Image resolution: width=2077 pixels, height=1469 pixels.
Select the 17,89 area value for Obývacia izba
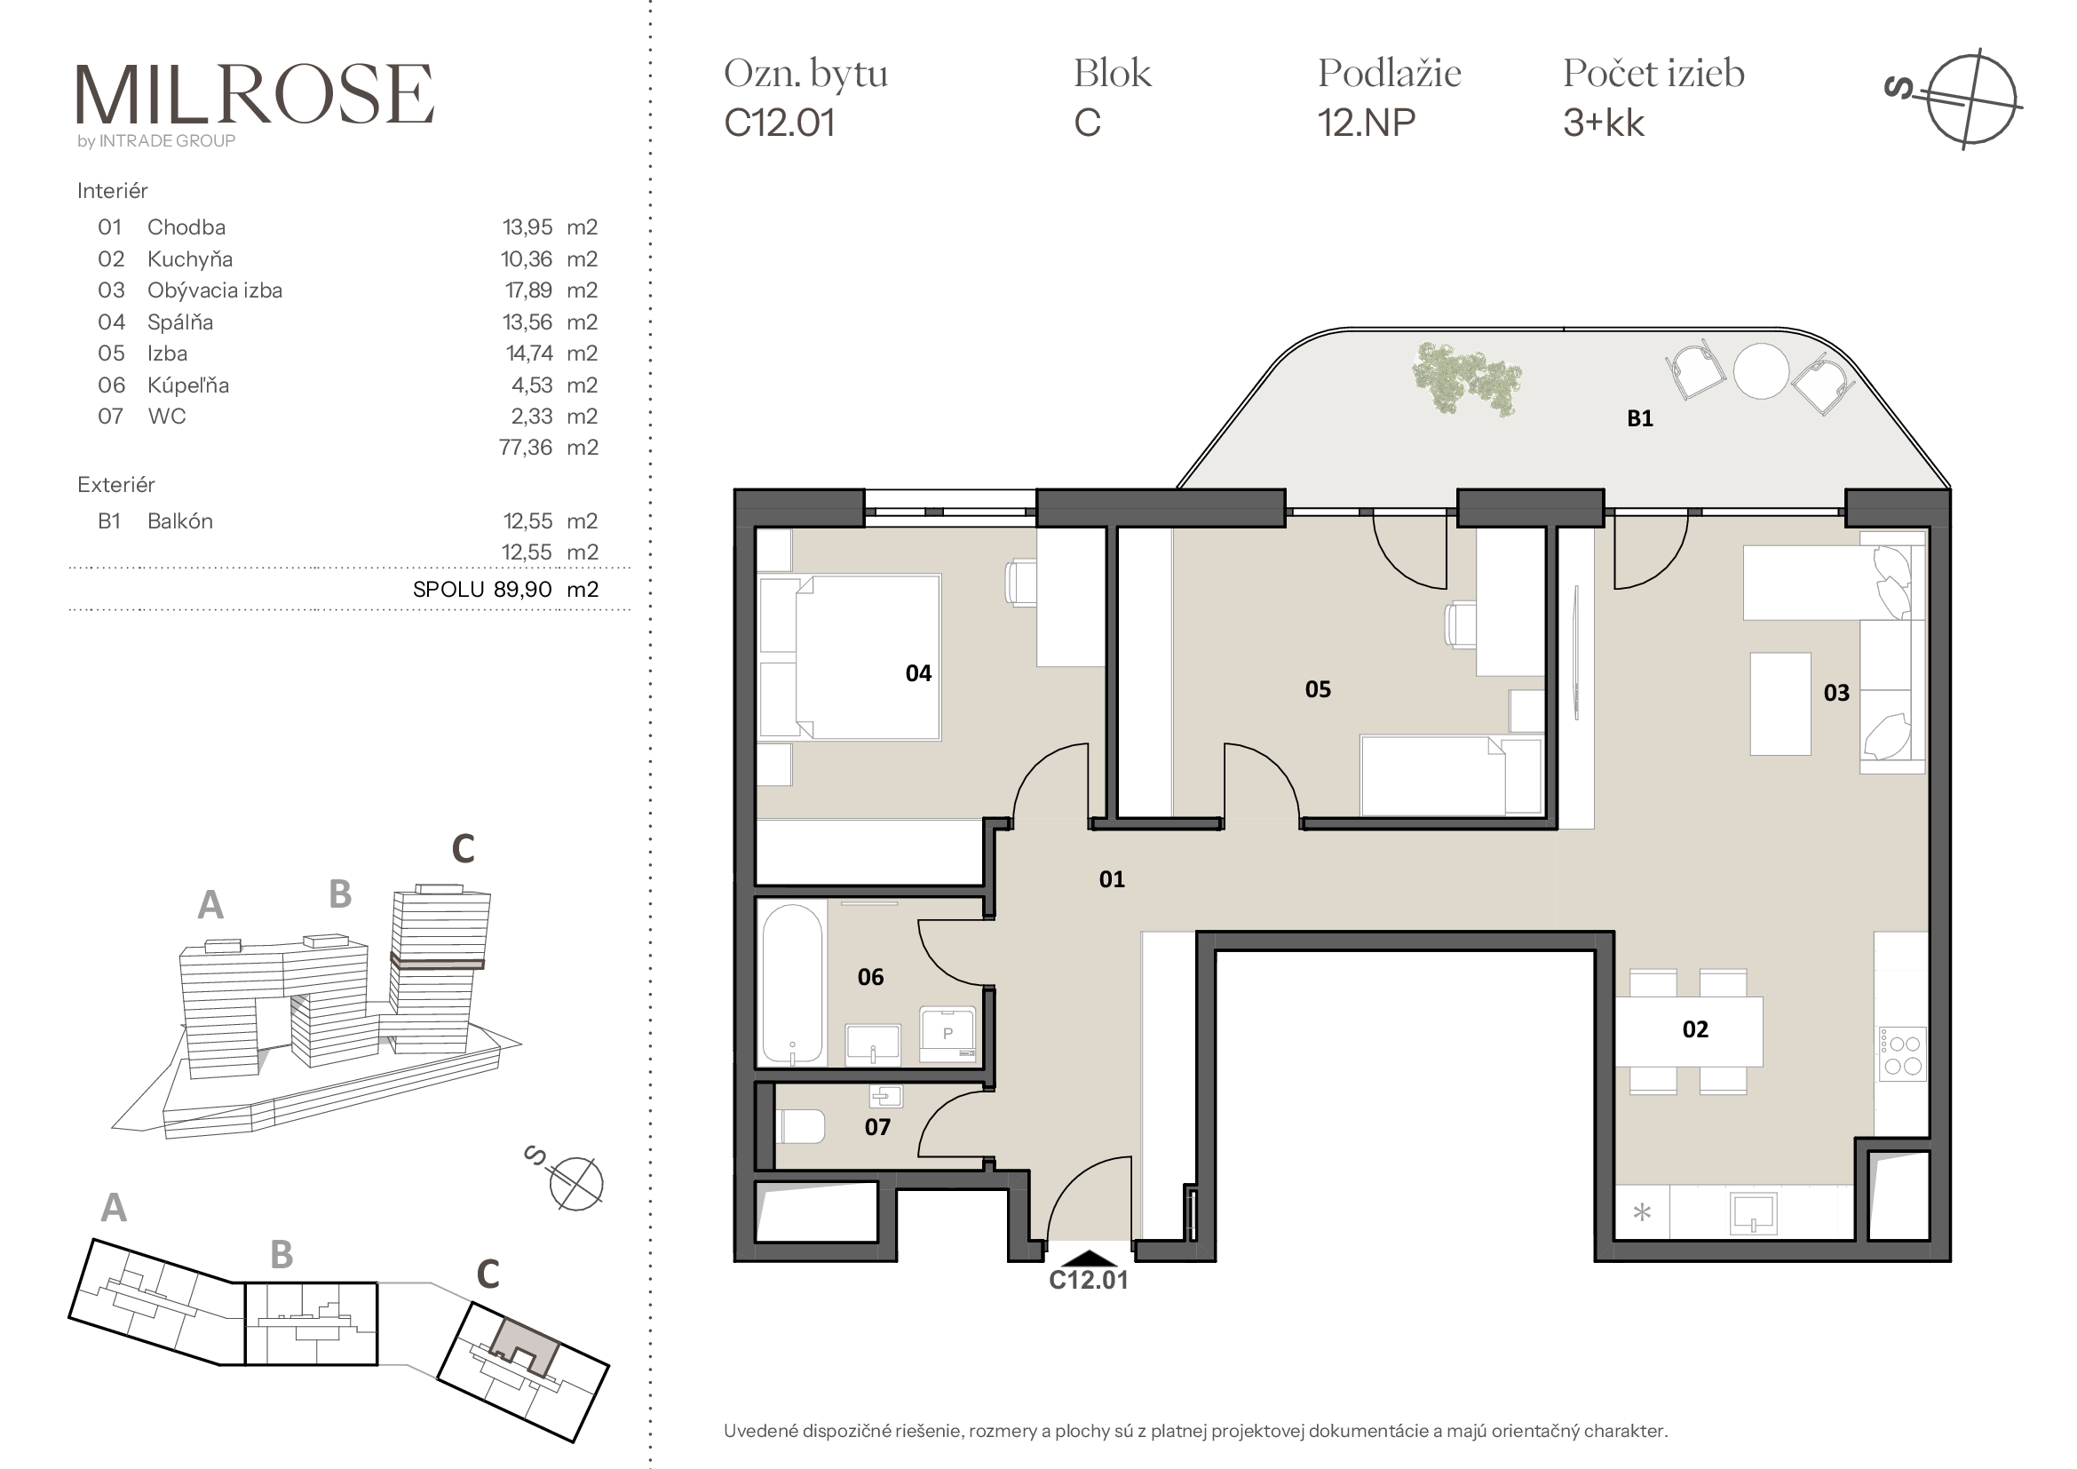[x=528, y=290]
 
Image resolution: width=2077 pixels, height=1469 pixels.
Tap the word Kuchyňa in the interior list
[x=190, y=259]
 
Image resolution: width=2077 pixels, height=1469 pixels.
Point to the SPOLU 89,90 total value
[x=482, y=590]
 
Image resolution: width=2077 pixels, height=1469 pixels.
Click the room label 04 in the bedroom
[x=918, y=673]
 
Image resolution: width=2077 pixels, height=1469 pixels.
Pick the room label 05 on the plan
[x=1318, y=689]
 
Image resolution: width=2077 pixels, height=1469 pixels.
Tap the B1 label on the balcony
[x=1640, y=418]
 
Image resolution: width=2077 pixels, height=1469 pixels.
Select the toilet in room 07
[x=801, y=1127]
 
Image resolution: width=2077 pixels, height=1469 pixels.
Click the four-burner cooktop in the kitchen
[x=1902, y=1055]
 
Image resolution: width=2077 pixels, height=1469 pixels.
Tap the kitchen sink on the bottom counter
[x=1753, y=1213]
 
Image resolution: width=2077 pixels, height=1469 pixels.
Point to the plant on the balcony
[x=1466, y=378]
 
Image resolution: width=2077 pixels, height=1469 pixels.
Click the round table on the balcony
[x=1761, y=371]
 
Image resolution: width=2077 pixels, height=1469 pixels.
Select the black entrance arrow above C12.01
[x=1090, y=1259]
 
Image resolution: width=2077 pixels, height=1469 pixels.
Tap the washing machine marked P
[x=947, y=1034]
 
